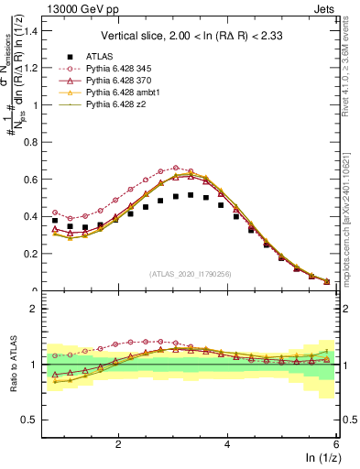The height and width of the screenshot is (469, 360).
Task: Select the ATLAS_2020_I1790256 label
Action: [x=190, y=273]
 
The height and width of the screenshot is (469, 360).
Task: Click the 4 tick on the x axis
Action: [x=227, y=444]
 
